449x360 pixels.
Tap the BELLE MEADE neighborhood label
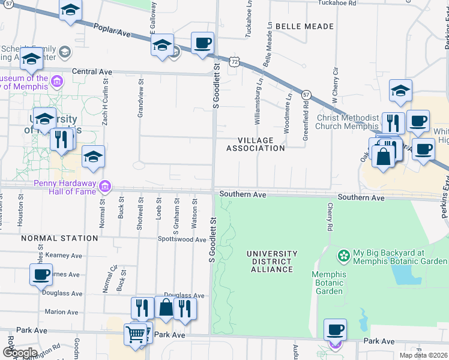pyautogui.click(x=304, y=26)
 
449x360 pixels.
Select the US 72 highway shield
pyautogui.click(x=234, y=62)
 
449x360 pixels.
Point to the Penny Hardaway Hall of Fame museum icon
pyautogui.click(x=105, y=187)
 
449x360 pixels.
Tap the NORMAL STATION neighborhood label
pyautogui.click(x=59, y=238)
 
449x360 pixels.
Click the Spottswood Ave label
pyautogui.click(x=182, y=239)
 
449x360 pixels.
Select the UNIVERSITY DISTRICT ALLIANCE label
pyautogui.click(x=272, y=262)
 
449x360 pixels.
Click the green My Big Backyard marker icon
pyautogui.click(x=343, y=256)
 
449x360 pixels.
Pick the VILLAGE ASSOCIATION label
pyautogui.click(x=256, y=144)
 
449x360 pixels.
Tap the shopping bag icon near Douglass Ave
pyautogui.click(x=166, y=308)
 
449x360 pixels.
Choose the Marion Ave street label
pyautogui.click(x=61, y=312)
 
